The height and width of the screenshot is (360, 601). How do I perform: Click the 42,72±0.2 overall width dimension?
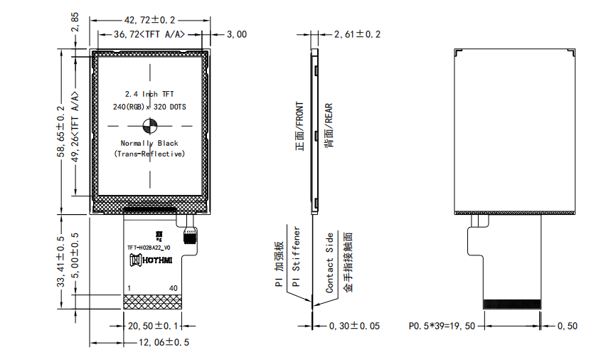point(149,20)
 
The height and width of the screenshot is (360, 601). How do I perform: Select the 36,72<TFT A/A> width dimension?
point(149,34)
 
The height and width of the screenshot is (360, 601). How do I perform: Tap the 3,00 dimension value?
point(237,34)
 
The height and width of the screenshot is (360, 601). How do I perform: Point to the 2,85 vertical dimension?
point(75,22)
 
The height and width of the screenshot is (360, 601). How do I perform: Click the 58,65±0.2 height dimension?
point(61,132)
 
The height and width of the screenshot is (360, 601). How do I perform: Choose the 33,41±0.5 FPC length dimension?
point(61,262)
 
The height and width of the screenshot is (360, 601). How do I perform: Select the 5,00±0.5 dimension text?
point(75,255)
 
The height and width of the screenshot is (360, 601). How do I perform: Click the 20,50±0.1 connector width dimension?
point(153,326)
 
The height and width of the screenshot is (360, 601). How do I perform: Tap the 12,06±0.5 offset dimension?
point(164,342)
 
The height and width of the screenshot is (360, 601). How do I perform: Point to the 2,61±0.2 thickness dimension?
point(357,34)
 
